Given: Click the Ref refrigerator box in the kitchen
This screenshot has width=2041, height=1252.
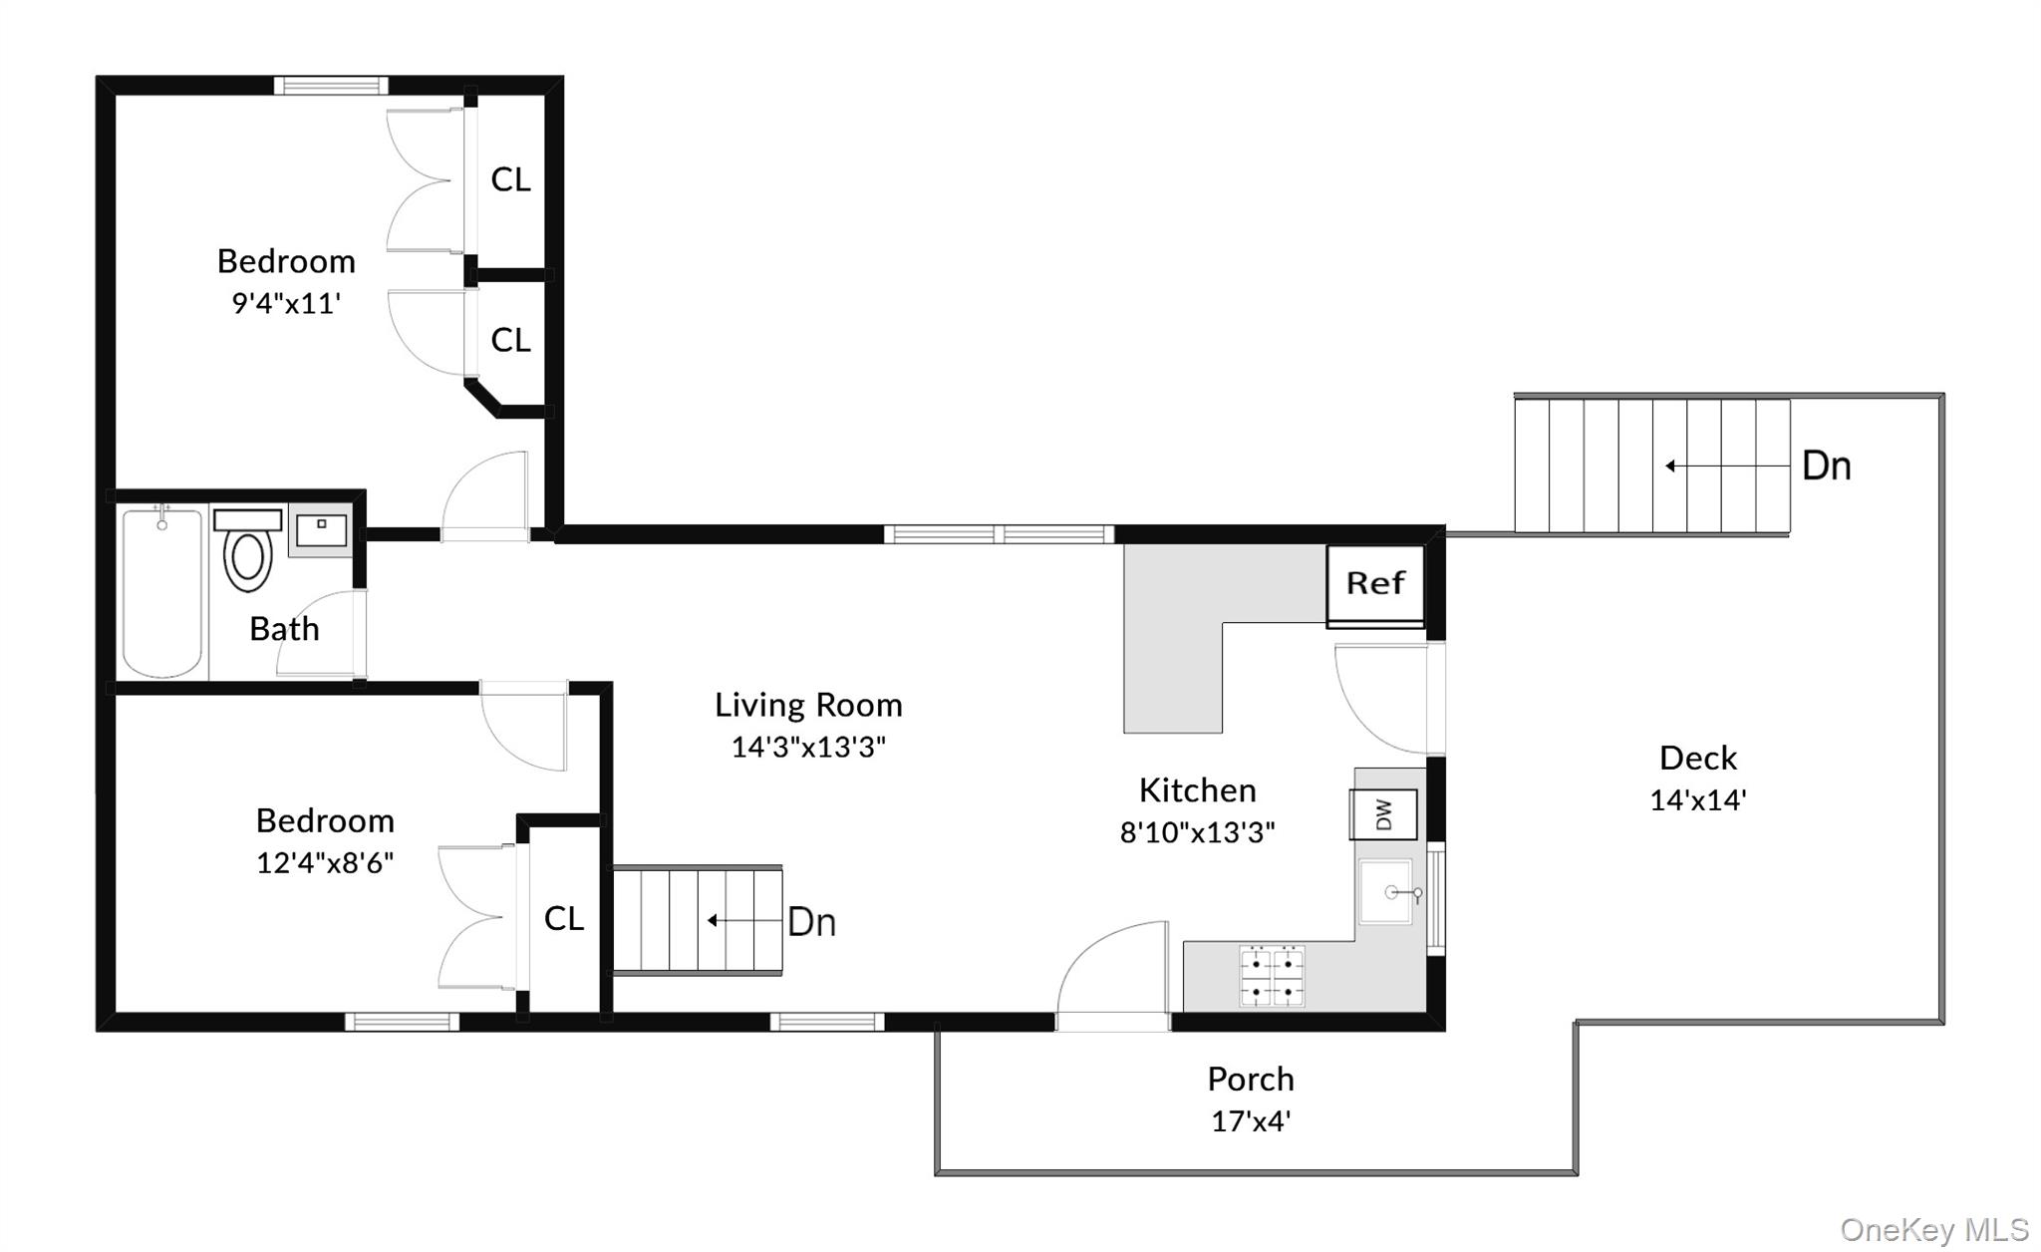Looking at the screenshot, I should coord(1374,584).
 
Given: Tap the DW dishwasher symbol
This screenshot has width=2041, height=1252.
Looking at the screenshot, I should coord(1383,814).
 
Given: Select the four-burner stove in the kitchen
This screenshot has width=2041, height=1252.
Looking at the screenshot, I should coord(1272,976).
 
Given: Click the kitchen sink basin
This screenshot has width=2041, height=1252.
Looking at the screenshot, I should coord(1387,892).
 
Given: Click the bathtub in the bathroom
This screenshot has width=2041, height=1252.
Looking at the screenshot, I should coord(162,594).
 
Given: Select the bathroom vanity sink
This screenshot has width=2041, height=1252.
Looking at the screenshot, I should coord(320,529).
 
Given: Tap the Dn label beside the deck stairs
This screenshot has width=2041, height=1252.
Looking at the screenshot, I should coord(1826,467).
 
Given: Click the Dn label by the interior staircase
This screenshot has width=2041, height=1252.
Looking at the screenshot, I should coord(811,922).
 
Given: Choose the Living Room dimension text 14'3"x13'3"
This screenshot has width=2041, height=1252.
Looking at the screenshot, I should coord(808,747).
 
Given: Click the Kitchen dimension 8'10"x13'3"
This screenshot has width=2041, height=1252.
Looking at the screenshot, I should coord(1197,832).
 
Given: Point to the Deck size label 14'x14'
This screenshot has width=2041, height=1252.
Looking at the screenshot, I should coord(1697,800).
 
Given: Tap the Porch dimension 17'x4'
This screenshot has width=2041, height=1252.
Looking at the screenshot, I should coord(1250,1121).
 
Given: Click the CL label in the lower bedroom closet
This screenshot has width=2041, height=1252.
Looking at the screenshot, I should coord(563,919).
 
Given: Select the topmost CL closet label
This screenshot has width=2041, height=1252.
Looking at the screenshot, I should coord(510,179).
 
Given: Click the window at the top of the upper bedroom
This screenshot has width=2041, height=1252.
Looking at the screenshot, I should coord(331,86).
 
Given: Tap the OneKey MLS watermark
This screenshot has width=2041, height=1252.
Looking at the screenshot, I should coord(1933,1230).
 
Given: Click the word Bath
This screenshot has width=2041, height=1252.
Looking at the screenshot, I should coord(284,629).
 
